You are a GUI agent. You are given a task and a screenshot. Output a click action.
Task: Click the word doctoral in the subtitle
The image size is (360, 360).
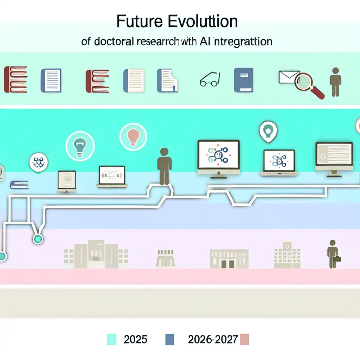(x=112, y=42)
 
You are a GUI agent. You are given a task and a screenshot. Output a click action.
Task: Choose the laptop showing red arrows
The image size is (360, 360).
(x=112, y=177)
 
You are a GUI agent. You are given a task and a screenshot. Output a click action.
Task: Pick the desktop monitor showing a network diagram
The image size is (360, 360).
(x=218, y=157)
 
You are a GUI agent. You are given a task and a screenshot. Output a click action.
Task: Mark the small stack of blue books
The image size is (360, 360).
(x=20, y=185)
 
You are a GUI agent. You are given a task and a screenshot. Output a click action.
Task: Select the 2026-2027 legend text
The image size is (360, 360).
(x=213, y=340)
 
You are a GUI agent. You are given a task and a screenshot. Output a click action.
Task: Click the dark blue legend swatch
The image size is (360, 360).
(x=170, y=340)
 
